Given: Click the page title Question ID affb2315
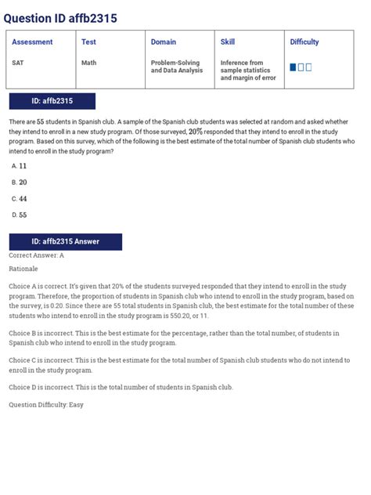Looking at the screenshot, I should [60, 18].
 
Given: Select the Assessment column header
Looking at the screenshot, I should [32, 42].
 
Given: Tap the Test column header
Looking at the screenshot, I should [88, 42].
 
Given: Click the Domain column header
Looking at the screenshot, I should [164, 42].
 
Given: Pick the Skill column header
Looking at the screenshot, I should [228, 42].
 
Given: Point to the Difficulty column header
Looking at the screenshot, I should [304, 42].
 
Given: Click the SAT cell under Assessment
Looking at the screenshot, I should [18, 63].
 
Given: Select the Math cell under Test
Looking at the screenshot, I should [88, 63].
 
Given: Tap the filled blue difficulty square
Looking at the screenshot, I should [293, 67].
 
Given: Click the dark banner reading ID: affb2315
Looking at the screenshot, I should [52, 101].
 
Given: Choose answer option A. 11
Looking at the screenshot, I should [20, 166].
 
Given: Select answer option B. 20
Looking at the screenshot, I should [20, 182].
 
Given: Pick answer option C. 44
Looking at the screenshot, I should [20, 199].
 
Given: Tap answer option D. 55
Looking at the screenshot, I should [20, 215].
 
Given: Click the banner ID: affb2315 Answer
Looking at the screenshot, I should [65, 242].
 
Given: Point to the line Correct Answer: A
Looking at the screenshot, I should [36, 255].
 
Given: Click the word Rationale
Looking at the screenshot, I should [23, 269].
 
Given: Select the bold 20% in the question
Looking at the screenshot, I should [195, 132].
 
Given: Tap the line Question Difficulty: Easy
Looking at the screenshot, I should [45, 405].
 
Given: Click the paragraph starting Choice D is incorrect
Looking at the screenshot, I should [121, 387].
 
